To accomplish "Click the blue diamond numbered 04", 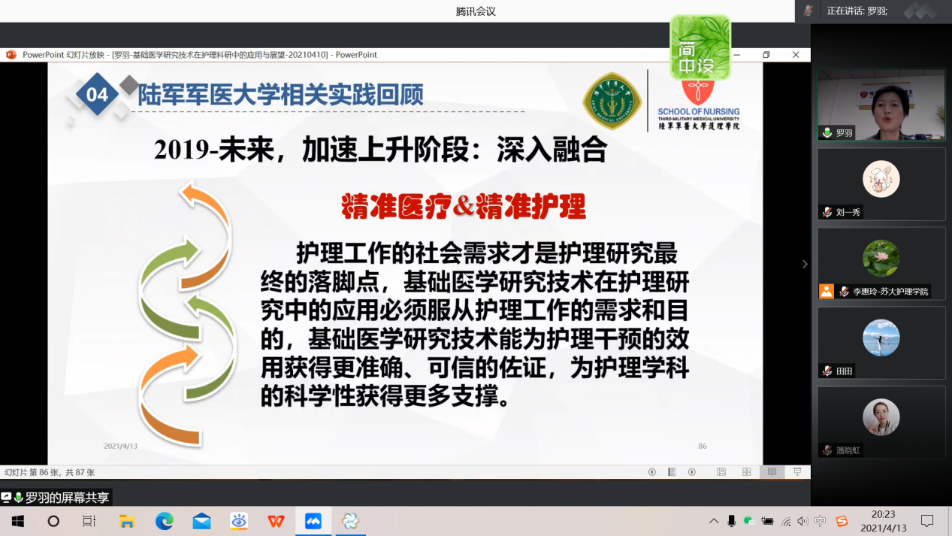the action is coord(97,94).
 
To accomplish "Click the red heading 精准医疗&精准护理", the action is coord(464,207).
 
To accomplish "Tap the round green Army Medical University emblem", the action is coord(612,101).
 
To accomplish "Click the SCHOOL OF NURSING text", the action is coord(699,111).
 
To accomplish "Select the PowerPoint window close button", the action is coord(796,55).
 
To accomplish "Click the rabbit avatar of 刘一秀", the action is coord(881,179).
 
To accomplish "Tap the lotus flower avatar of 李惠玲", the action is coord(881,259).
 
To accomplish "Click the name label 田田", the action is coord(844,371).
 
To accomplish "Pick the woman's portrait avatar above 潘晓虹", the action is coord(881,417).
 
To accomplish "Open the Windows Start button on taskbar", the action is coord(18,521).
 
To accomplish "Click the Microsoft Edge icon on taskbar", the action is coord(164,521).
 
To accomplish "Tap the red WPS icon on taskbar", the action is coord(276,521).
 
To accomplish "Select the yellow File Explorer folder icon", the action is coord(127,521).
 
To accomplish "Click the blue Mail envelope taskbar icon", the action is coord(201,521).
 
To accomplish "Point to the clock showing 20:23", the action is coord(883,514).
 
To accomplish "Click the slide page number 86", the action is coord(702,446).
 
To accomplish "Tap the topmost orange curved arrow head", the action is coord(192,192).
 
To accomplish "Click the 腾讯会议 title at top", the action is coord(476,11).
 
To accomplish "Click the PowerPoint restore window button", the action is coord(766,55).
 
